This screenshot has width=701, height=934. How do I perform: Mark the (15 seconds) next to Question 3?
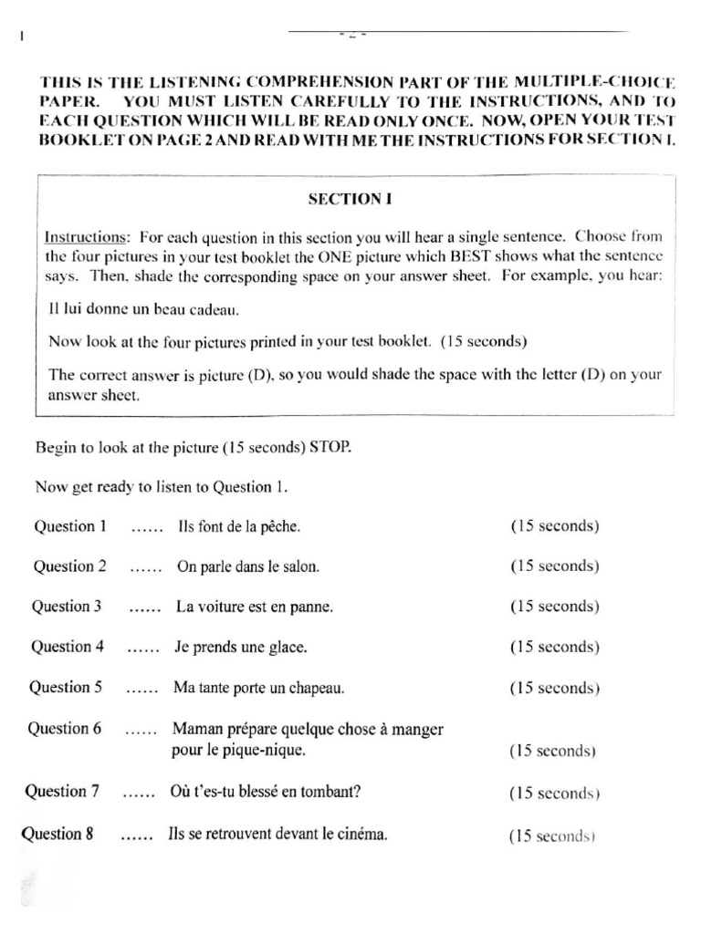click(x=554, y=607)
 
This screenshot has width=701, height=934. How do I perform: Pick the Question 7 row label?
click(x=62, y=792)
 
